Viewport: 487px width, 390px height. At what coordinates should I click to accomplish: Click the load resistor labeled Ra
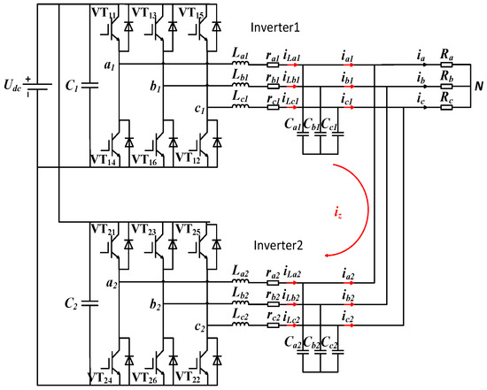[x=444, y=55]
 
